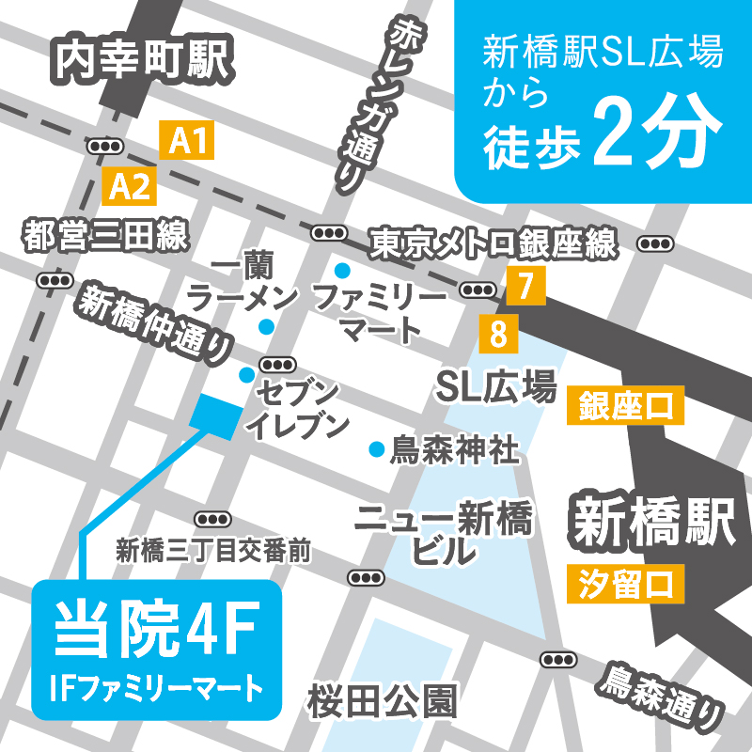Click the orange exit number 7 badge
coord(525,285)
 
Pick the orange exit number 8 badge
coord(497,333)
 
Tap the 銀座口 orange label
coord(625,408)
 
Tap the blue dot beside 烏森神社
coord(377,449)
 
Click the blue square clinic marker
coord(215,415)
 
